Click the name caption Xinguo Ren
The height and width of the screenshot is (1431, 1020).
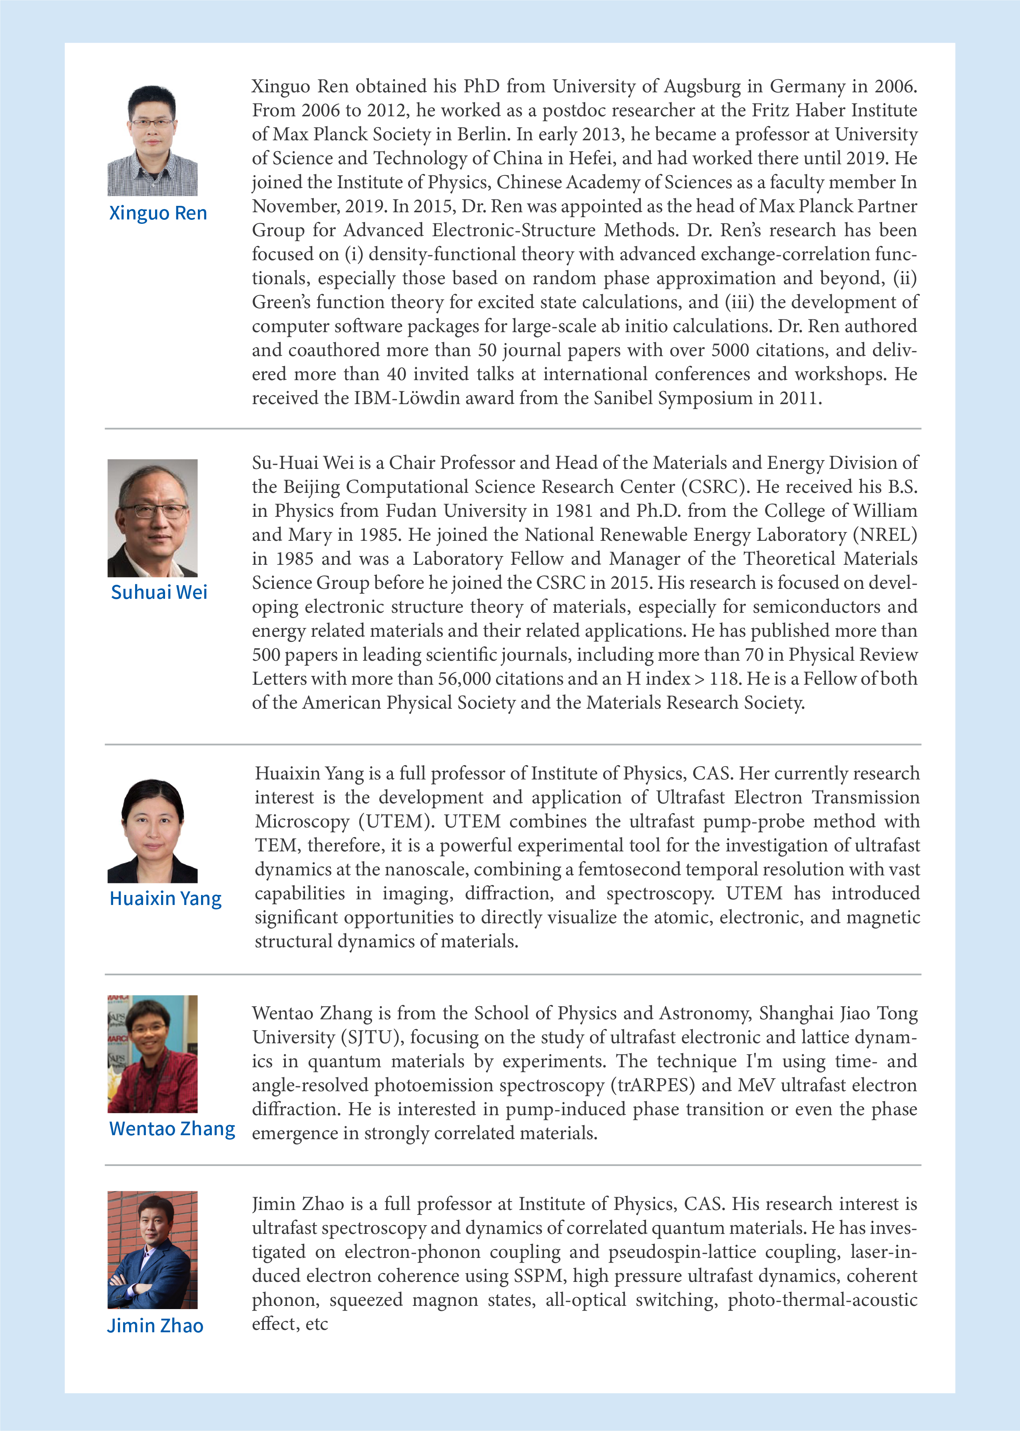pyautogui.click(x=157, y=213)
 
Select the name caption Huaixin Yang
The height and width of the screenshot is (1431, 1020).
pyautogui.click(x=165, y=898)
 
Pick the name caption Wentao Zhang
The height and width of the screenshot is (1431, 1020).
pyautogui.click(x=172, y=1129)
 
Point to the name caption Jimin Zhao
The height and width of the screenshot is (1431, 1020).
pyautogui.click(x=155, y=1325)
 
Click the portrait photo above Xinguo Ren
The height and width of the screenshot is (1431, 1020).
pyautogui.click(x=153, y=141)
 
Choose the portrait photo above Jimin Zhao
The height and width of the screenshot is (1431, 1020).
pyautogui.click(x=153, y=1250)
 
